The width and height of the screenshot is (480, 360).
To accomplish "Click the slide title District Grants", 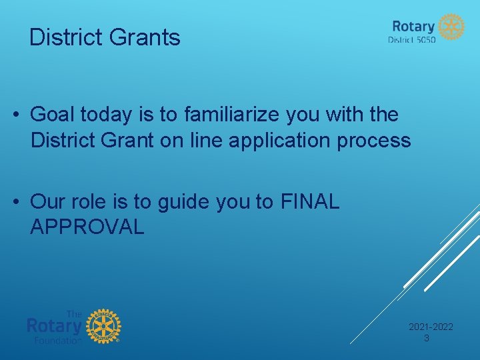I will (x=105, y=37).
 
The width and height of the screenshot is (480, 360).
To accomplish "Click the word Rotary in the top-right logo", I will (x=413, y=26).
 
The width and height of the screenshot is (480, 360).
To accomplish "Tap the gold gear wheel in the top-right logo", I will (x=451, y=27).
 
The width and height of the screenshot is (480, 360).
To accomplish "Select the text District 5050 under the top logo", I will (x=411, y=40).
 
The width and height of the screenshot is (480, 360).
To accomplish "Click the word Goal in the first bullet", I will (x=53, y=115).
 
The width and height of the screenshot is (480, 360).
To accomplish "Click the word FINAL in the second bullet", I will (x=311, y=201).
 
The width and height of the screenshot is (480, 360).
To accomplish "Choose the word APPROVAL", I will (x=87, y=227).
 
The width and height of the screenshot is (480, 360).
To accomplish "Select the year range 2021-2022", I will (x=430, y=327).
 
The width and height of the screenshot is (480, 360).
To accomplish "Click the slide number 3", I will (x=427, y=338).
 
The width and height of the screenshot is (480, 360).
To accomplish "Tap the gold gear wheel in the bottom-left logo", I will (x=103, y=327).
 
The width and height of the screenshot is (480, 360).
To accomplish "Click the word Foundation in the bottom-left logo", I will (x=57, y=340).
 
